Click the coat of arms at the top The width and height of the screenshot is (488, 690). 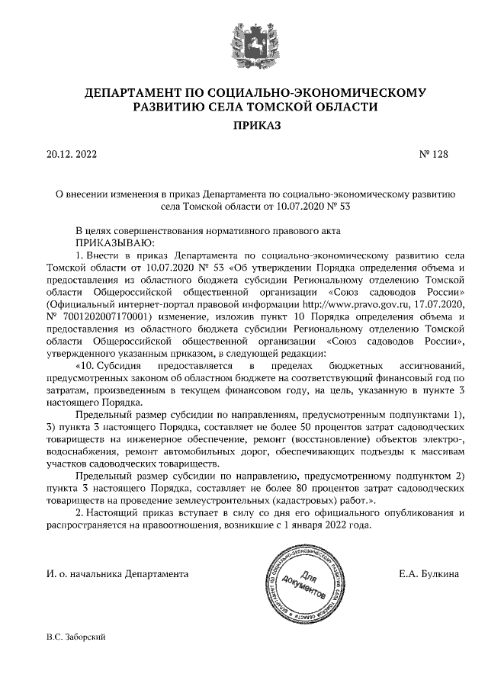[245, 38]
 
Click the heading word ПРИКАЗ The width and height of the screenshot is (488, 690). [245, 125]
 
